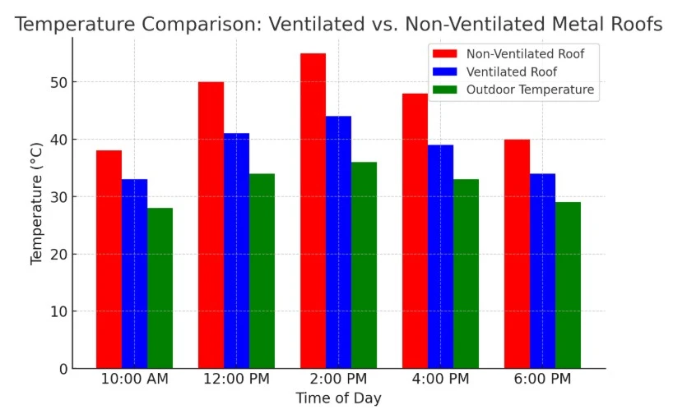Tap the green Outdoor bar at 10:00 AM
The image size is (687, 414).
160,287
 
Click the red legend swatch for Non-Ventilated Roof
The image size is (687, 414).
444,54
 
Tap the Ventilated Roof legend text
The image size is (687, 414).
511,72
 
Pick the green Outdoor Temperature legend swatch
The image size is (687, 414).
444,90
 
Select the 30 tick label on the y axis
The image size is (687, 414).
56,197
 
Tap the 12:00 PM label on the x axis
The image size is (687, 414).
236,379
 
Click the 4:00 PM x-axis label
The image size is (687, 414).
440,379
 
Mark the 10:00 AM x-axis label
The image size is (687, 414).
134,379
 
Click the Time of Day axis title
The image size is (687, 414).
338,398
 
